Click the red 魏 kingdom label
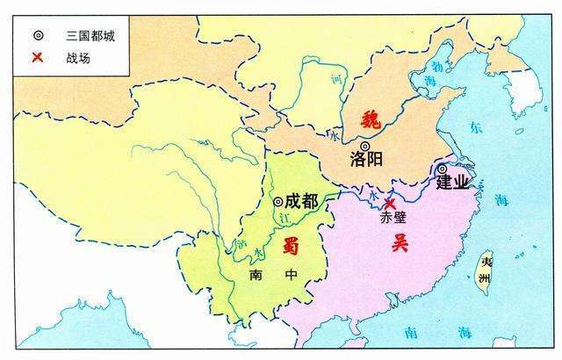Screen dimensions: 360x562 point(371,119)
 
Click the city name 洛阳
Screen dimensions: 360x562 point(367,160)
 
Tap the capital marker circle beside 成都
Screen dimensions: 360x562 point(278,201)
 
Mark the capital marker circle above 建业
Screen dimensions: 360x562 point(443,169)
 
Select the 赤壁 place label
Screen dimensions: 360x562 point(389,220)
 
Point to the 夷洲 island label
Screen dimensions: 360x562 point(486,269)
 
